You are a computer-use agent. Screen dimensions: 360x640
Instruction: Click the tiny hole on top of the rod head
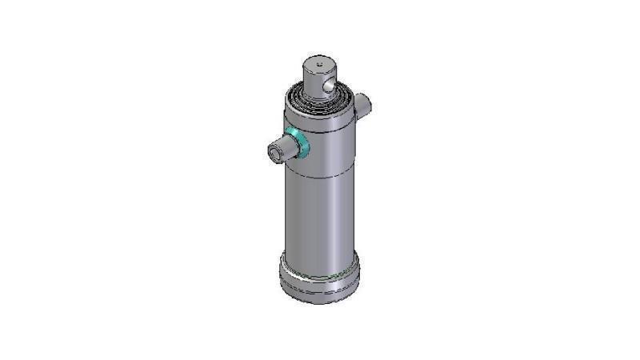[x=318, y=62]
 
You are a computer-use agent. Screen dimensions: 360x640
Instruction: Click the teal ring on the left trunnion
[x=300, y=142]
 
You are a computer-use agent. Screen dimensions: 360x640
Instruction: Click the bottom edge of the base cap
[x=319, y=302]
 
